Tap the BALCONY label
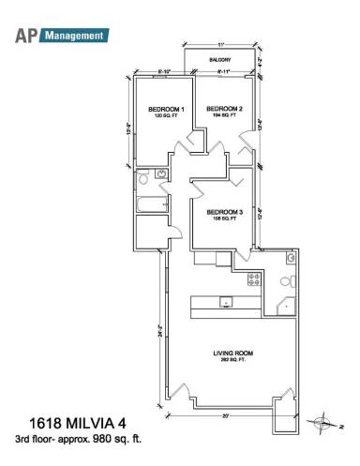point(220,61)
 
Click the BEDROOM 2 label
point(225,109)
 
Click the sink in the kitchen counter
point(225,302)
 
